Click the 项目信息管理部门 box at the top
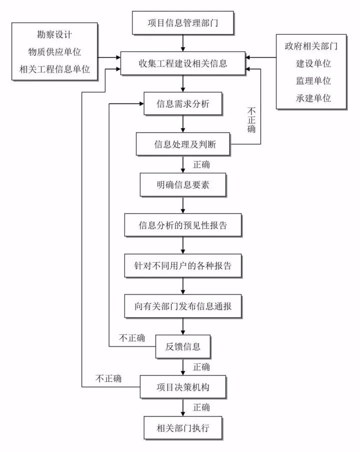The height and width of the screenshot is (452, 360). [182, 23]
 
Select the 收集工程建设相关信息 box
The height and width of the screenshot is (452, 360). [182, 64]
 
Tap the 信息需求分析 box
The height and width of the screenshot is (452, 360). [183, 105]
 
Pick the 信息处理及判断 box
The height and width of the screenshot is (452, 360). [183, 146]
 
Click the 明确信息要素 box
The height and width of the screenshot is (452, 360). [183, 186]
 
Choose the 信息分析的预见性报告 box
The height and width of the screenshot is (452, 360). [183, 225]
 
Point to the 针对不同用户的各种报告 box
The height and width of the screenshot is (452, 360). [183, 265]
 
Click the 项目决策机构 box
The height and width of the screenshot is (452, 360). [183, 387]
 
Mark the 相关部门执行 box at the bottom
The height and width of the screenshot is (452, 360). [183, 428]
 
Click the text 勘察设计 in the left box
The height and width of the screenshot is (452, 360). [55, 35]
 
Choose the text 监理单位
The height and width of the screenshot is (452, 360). [314, 80]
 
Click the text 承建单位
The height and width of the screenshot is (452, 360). [314, 98]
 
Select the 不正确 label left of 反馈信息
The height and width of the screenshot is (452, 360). [132, 338]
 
